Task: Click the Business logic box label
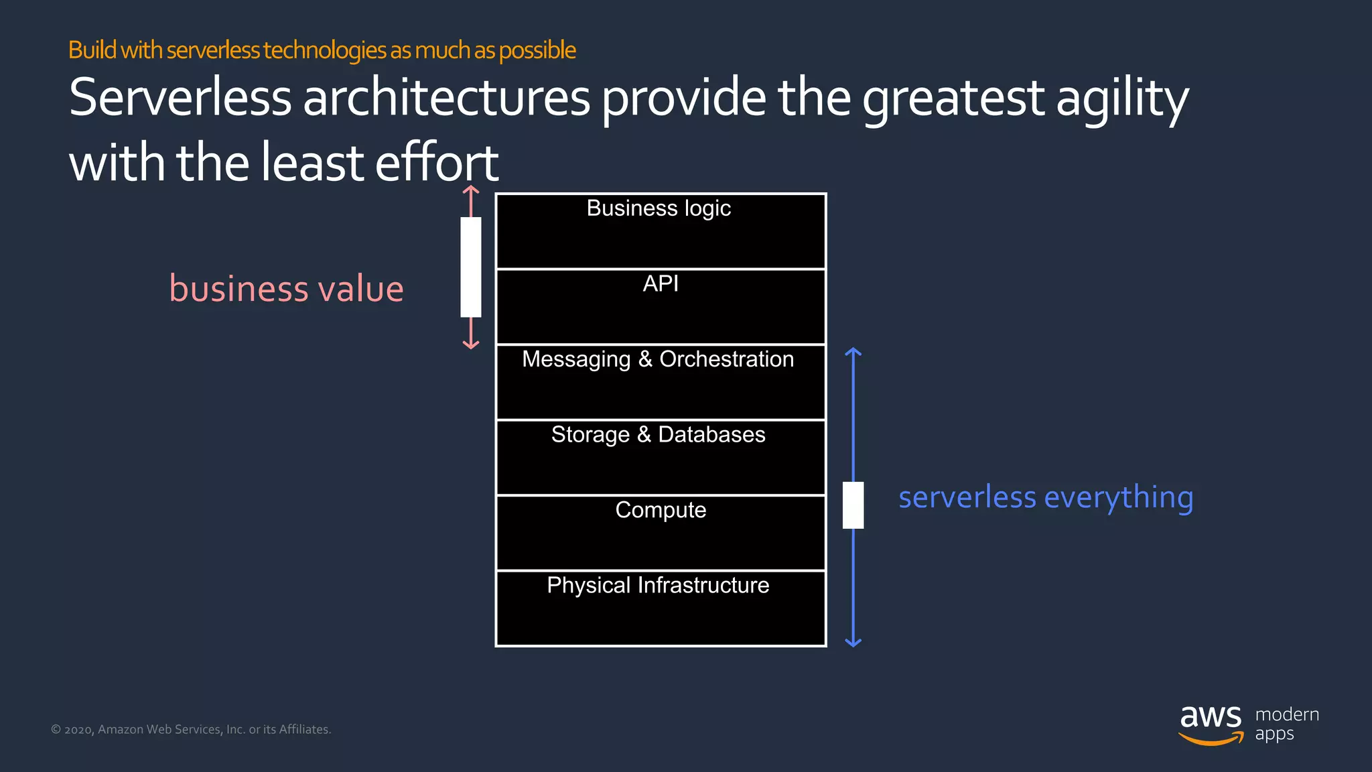click(659, 208)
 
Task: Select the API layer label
click(661, 283)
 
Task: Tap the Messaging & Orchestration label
click(658, 359)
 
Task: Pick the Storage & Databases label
click(658, 435)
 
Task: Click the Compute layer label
click(661, 510)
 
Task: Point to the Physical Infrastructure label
click(658, 586)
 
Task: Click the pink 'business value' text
click(286, 289)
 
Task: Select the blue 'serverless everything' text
click(1046, 497)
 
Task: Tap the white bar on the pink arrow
click(471, 267)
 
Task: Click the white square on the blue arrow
click(853, 505)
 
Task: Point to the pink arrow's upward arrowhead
click(471, 190)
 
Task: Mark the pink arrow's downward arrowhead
click(471, 344)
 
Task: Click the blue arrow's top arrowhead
click(853, 352)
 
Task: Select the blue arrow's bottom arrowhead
click(853, 643)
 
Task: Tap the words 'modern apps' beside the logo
click(1286, 724)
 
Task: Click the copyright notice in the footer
click(191, 729)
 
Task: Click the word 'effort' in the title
click(436, 163)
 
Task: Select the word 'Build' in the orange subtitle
click(92, 50)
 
